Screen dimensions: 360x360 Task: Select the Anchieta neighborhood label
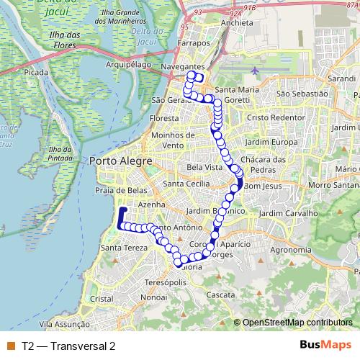pyautogui.click(x=238, y=22)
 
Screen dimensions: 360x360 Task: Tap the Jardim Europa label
pyautogui.click(x=270, y=141)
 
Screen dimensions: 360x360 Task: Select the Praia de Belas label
pyautogui.click(x=118, y=191)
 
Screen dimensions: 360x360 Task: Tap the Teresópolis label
pyautogui.click(x=166, y=282)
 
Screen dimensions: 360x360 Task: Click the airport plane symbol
pyautogui.click(x=257, y=71)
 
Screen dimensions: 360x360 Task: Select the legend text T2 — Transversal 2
pyautogui.click(x=68, y=346)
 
